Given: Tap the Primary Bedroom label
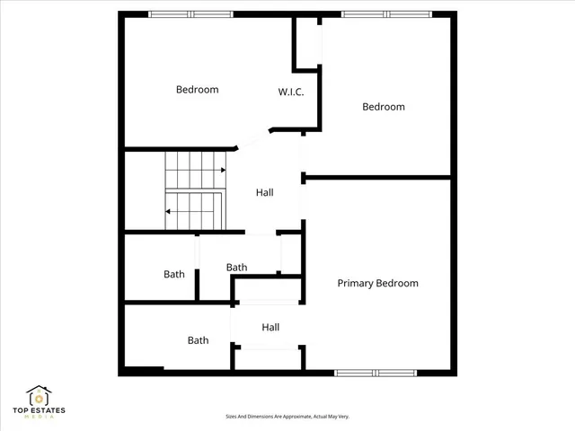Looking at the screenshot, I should (x=377, y=284).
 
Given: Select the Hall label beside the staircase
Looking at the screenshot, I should (x=264, y=192).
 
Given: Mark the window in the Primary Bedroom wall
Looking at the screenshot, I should (x=376, y=372).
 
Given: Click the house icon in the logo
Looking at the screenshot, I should (x=38, y=396).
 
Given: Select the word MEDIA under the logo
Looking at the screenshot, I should (x=38, y=418).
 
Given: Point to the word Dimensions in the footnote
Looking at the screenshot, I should (x=262, y=417).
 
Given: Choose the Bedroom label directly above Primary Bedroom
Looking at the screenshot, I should (x=383, y=107).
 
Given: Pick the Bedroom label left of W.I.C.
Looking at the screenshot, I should (x=197, y=90).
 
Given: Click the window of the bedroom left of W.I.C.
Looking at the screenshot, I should (x=190, y=14).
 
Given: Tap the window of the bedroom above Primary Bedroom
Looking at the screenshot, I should (x=386, y=14).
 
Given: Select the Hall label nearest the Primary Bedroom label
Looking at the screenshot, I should (x=271, y=328).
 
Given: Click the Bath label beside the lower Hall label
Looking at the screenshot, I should (x=198, y=340).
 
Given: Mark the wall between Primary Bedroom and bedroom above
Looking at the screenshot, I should (x=377, y=177).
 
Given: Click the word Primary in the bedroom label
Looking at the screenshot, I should (x=356, y=284).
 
